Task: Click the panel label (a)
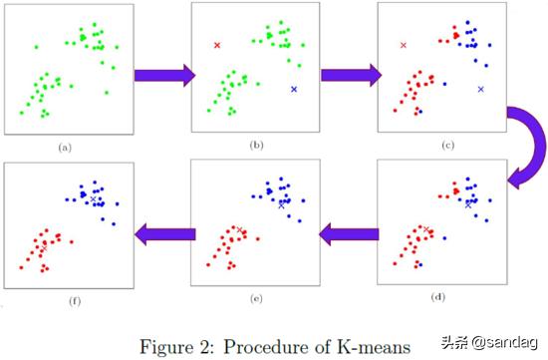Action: coord(66,148)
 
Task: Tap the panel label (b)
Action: coord(256,148)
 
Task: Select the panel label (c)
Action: coord(446,148)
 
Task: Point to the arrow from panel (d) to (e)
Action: coord(349,233)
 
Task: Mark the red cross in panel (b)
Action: coord(216,45)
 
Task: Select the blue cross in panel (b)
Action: coord(294,90)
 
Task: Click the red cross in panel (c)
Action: coord(404,45)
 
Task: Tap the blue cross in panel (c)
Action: coord(481,90)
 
